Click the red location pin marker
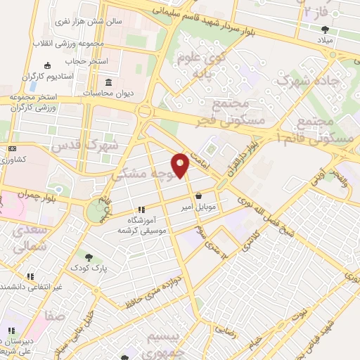[181, 166]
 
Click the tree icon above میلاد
[325, 30]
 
